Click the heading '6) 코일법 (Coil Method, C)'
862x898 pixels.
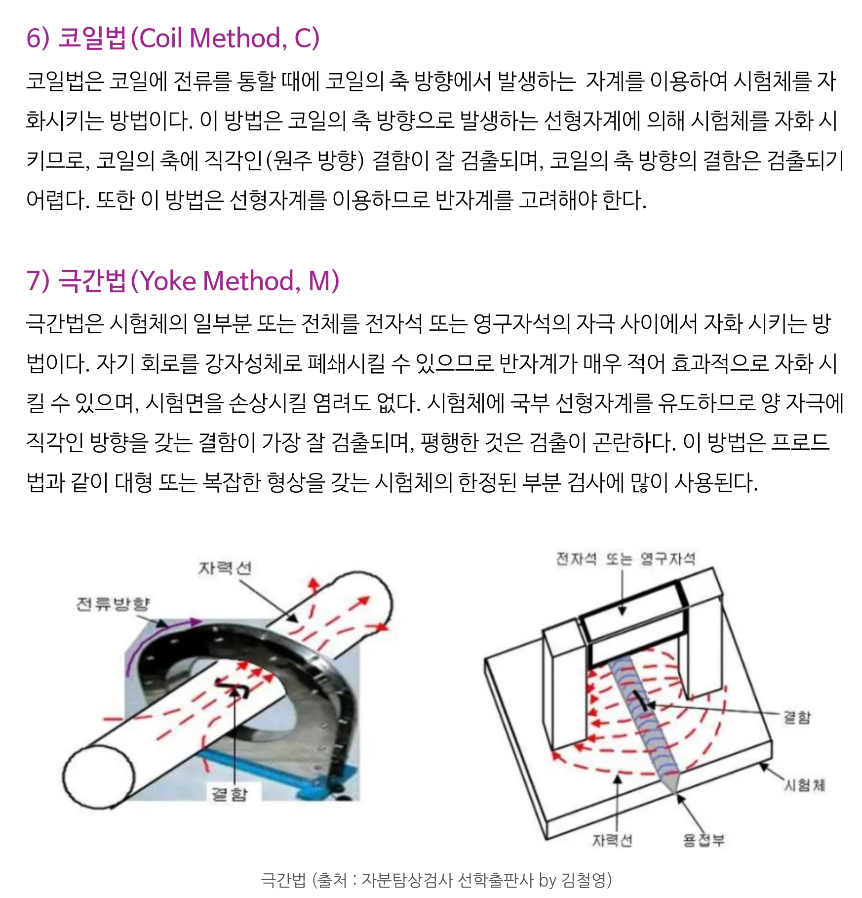(173, 38)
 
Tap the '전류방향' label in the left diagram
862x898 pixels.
(113, 603)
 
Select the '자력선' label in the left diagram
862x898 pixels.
(225, 568)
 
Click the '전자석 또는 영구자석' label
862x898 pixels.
(626, 559)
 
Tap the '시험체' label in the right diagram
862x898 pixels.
(805, 785)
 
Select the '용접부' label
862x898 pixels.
(704, 840)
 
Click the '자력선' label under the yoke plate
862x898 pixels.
(612, 840)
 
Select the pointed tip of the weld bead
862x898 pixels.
(674, 795)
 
